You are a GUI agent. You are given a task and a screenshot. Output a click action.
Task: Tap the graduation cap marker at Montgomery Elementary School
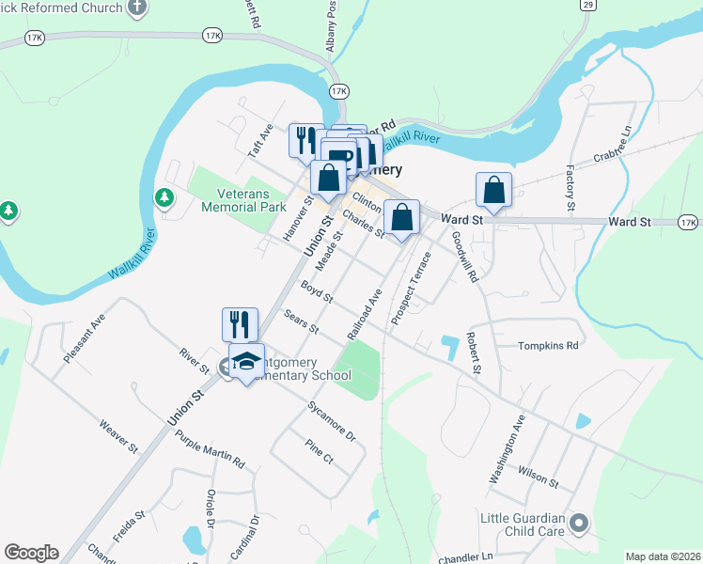tap(246, 362)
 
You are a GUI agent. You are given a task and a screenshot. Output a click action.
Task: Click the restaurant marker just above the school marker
tap(240, 325)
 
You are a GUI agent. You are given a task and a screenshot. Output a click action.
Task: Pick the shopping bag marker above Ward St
tap(493, 191)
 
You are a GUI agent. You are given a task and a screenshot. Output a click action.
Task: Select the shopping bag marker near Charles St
tap(401, 217)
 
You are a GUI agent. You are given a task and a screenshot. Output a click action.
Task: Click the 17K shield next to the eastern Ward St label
tap(689, 222)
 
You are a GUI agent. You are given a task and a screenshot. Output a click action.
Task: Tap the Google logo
tap(31, 553)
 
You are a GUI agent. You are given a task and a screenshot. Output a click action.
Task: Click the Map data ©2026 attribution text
tap(663, 556)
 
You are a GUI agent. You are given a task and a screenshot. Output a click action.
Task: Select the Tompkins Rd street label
tap(548, 346)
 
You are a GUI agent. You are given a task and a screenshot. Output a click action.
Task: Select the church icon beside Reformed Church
tap(138, 8)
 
